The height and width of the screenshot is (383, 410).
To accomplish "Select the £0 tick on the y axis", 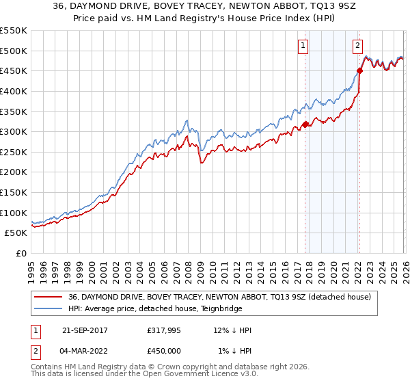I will (22, 254).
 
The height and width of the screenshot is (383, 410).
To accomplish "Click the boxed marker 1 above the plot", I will (303, 47).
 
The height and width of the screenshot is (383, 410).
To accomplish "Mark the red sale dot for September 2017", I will (305, 124).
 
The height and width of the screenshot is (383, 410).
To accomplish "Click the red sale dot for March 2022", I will (359, 70).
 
